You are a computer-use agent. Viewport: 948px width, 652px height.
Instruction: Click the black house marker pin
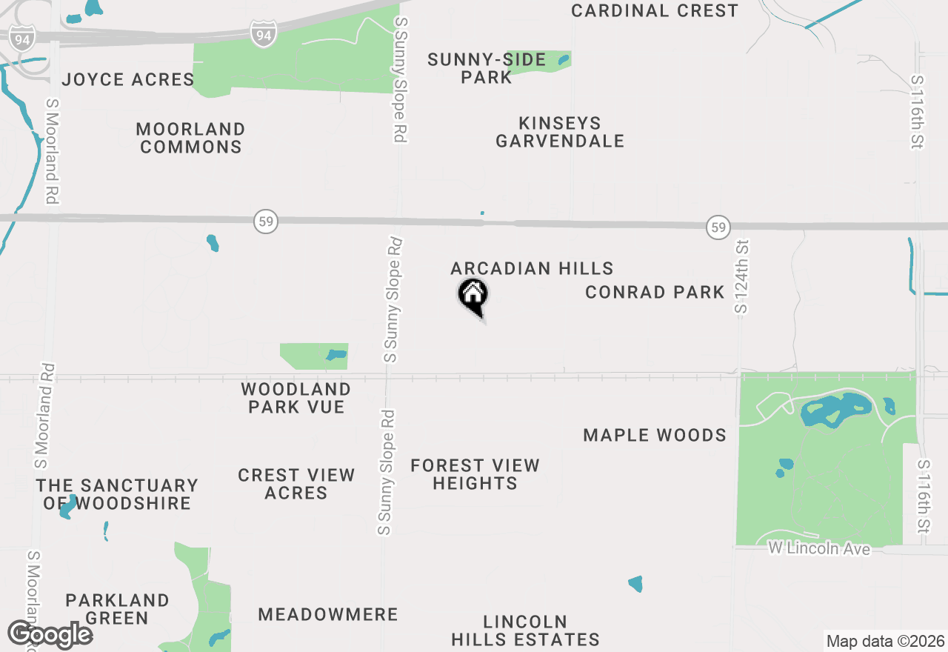pos(473,295)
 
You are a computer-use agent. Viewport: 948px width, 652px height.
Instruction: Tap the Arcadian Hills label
pos(532,268)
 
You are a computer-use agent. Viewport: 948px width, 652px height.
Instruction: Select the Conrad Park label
pos(655,292)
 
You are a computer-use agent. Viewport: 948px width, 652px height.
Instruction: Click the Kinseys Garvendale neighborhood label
pos(560,132)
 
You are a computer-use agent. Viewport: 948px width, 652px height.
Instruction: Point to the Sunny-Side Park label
pos(487,68)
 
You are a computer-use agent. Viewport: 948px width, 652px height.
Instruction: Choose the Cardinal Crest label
pos(655,11)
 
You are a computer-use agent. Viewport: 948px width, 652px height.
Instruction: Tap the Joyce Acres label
pos(127,79)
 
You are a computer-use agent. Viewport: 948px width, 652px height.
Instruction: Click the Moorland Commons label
pos(191,138)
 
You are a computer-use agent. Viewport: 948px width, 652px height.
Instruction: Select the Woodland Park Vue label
pos(296,398)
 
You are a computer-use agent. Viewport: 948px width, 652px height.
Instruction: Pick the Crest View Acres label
pos(296,484)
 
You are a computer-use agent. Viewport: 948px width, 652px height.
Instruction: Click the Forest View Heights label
pos(475,474)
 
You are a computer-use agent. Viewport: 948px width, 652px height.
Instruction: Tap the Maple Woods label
pos(655,435)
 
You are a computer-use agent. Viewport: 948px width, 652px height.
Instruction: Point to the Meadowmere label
pos(328,614)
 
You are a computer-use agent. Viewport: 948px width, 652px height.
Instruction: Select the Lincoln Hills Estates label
pos(525,631)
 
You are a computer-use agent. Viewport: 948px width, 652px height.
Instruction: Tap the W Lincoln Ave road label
pos(818,549)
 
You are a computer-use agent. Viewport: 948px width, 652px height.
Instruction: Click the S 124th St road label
pos(741,275)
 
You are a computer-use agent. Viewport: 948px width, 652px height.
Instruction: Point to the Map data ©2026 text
pos(885,641)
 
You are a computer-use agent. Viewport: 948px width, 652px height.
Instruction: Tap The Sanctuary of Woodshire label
pos(117,494)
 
